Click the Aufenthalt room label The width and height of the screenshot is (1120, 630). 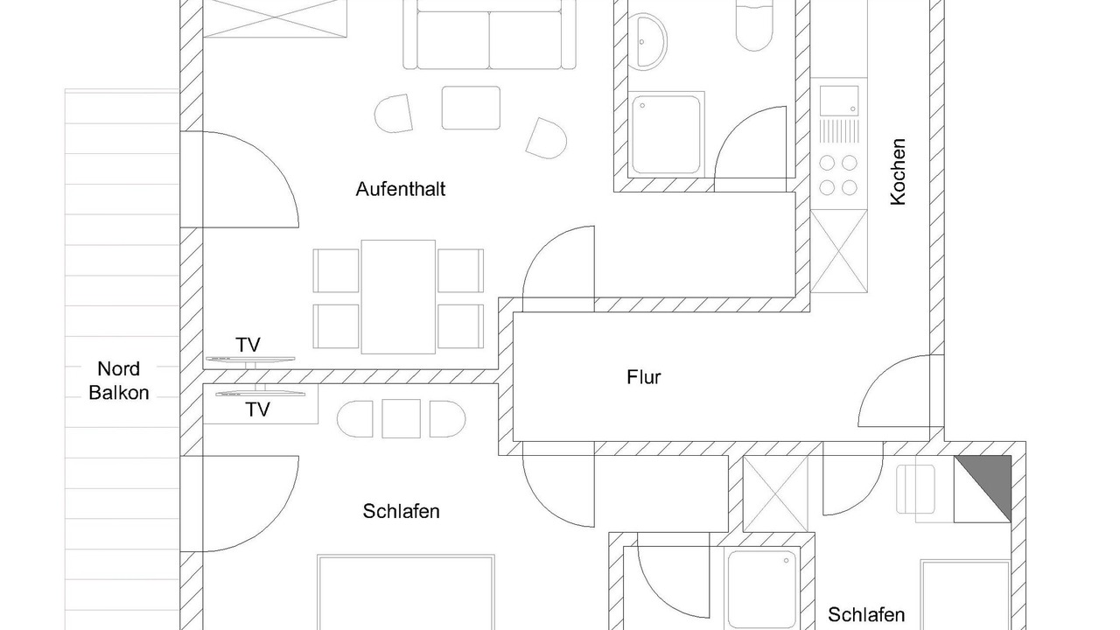pos(401,189)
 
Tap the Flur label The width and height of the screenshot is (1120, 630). pos(644,378)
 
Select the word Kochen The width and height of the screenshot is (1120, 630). pos(898,171)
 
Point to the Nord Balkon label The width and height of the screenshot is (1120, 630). pos(118,381)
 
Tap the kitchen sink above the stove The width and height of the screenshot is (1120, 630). pos(838,99)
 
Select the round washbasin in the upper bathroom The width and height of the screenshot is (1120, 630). pos(647,39)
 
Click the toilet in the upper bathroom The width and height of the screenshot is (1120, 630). pos(754,26)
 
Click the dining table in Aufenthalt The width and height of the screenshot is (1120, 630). pos(398,297)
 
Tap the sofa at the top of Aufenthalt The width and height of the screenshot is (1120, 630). pos(490,35)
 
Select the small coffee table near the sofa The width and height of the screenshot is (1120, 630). pos(471,108)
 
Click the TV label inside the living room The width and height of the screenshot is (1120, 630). pos(248,345)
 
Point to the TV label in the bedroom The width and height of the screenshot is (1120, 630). pos(257,409)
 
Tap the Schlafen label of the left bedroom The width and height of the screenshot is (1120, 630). pos(401,512)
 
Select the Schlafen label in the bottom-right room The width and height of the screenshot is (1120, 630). pos(866,615)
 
